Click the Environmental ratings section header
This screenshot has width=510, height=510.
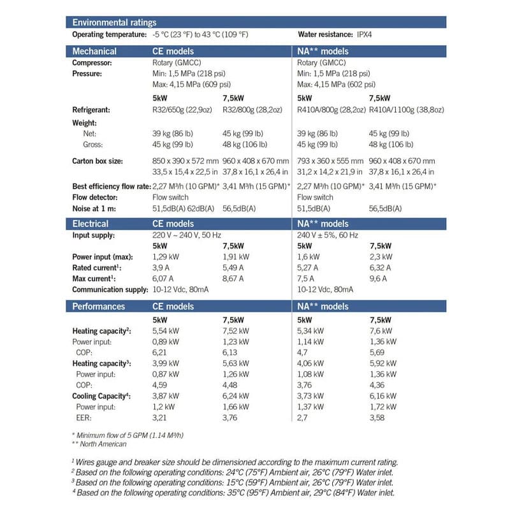[x=114, y=22]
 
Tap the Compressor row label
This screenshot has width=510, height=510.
[x=92, y=63]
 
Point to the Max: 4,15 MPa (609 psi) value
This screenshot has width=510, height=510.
[x=191, y=84]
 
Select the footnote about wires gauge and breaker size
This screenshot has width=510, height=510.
[x=234, y=461]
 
